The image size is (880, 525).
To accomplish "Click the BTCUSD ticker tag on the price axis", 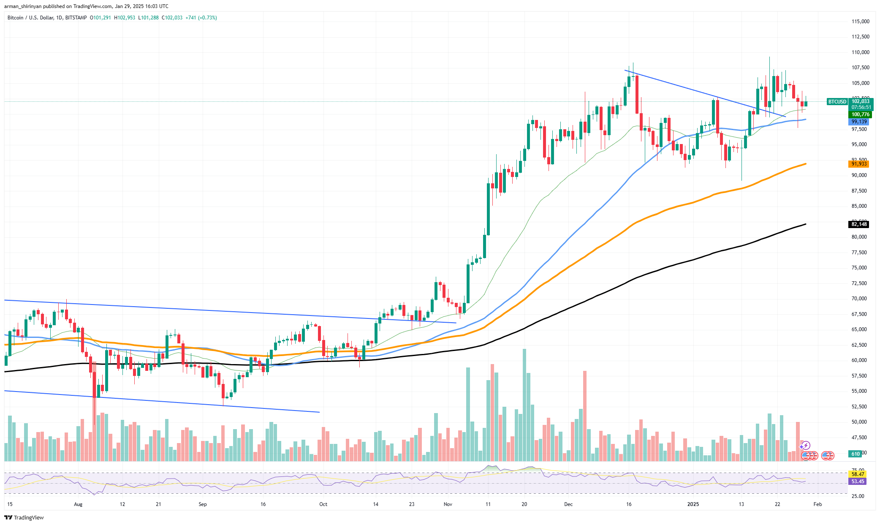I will point(837,102).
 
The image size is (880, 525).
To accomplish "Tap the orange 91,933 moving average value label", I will point(859,164).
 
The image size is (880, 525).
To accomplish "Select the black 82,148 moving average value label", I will point(859,224).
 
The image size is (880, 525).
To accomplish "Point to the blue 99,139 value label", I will point(859,122).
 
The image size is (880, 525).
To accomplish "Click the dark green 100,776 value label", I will point(860,114).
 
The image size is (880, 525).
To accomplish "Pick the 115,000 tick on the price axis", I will point(860,22).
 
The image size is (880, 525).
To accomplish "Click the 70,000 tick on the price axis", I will point(859,299).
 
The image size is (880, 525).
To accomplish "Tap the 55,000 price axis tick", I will point(859,391).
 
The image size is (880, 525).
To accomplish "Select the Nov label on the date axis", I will point(448,504).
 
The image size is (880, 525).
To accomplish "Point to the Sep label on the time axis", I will point(203,504).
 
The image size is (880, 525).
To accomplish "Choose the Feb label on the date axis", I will point(818,504).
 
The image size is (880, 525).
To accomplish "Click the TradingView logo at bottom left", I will point(24,518).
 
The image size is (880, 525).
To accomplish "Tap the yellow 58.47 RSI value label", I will point(858,474).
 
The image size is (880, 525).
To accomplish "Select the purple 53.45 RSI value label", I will point(858,481).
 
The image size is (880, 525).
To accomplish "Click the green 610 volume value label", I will point(856,454).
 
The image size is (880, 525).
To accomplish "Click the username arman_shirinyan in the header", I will point(23,6).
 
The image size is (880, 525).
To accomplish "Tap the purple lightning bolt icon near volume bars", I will point(806,446).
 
